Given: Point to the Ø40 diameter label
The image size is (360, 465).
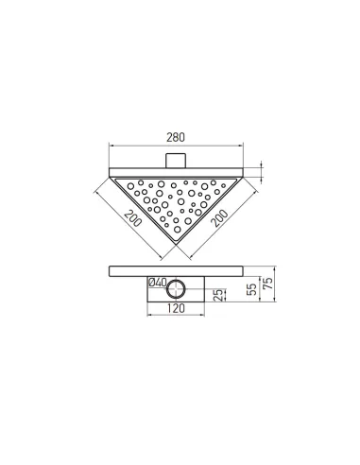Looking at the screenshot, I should coord(157,282).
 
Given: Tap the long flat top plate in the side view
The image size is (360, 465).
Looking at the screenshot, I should coord(177,269).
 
